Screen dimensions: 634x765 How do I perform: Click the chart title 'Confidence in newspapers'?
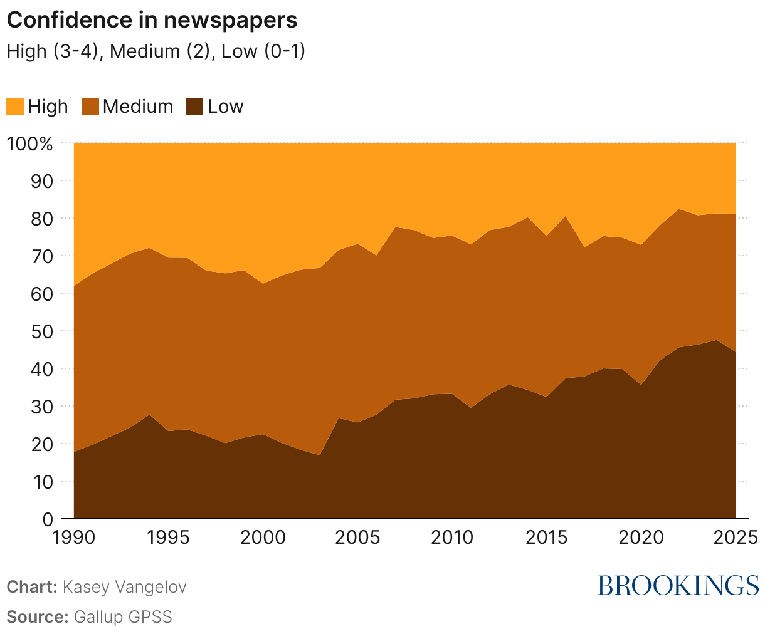(152, 20)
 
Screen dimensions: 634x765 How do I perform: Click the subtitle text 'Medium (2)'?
(162, 51)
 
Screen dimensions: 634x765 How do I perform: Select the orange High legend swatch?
(15, 107)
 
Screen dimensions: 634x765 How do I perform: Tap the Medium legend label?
(137, 107)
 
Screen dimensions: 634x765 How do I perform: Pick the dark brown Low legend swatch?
(194, 107)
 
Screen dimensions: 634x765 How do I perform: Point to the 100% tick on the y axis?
(30, 143)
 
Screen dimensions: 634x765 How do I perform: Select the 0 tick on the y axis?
(48, 519)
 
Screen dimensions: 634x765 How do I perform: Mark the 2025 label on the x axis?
(735, 538)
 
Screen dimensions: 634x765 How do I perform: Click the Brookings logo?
(678, 585)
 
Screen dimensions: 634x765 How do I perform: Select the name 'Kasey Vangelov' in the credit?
(124, 587)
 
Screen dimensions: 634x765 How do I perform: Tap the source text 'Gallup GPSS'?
(123, 616)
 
